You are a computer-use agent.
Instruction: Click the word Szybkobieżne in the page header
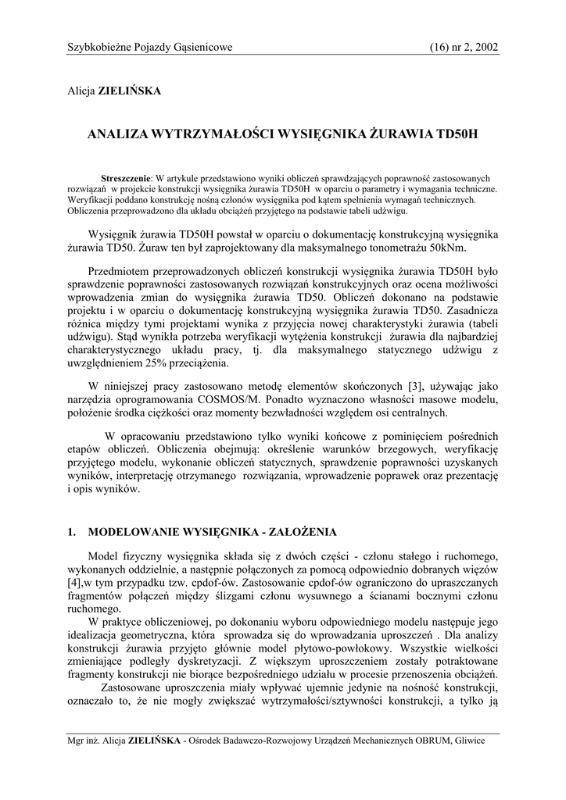[98, 48]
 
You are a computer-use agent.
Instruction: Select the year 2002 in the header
[485, 48]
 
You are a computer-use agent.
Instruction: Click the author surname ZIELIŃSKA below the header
[128, 91]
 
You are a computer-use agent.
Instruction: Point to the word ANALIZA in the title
[116, 134]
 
